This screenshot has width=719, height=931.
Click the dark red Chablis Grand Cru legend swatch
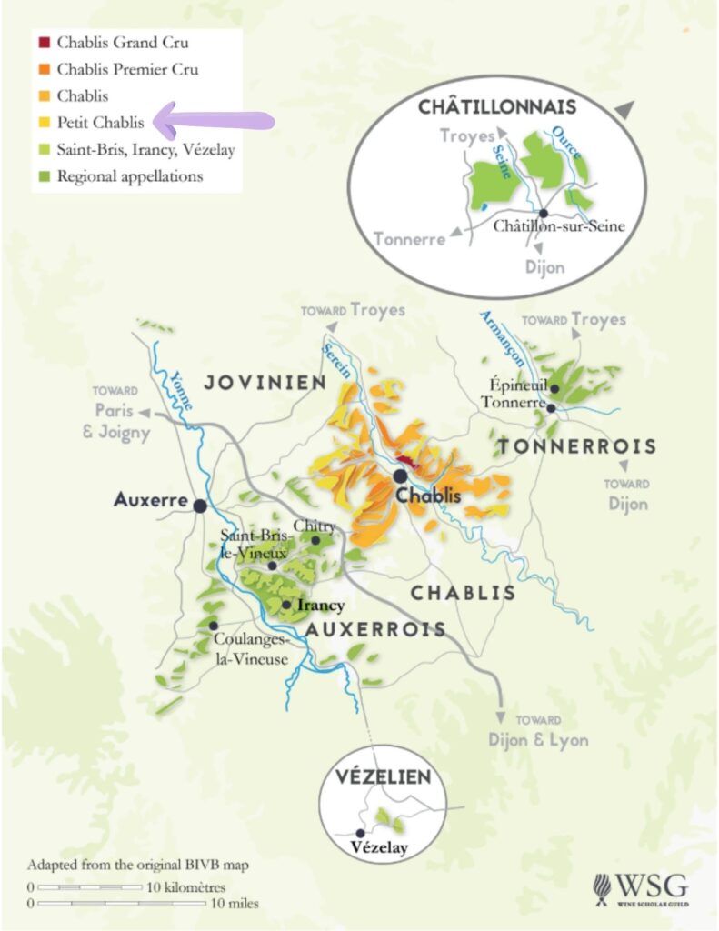(x=44, y=43)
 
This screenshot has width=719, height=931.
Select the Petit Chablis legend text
(x=100, y=122)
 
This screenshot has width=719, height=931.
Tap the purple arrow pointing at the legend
(x=214, y=120)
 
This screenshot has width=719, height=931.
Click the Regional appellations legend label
(x=130, y=176)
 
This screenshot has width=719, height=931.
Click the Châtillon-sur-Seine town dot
(x=544, y=213)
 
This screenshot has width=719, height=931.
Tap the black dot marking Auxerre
(x=199, y=505)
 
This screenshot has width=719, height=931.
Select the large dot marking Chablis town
(x=400, y=476)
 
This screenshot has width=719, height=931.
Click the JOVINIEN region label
(x=265, y=383)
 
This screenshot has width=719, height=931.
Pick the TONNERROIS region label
(x=576, y=446)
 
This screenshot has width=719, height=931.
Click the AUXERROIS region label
(x=375, y=629)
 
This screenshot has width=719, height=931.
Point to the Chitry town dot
(x=315, y=540)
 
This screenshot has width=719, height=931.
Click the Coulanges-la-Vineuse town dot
(x=213, y=626)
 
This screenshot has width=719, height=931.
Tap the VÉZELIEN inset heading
(x=382, y=777)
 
